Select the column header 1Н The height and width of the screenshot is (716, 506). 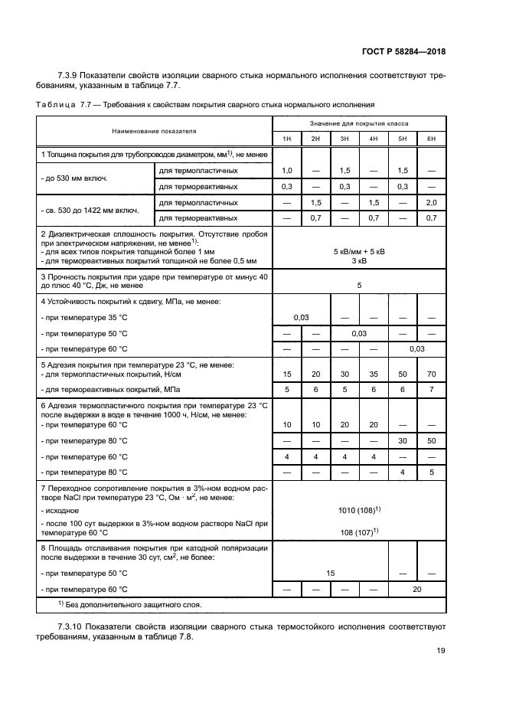point(286,138)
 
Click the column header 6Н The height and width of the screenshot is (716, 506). point(431,138)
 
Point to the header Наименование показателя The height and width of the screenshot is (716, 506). point(154,131)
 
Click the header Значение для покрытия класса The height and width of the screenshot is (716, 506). point(358,123)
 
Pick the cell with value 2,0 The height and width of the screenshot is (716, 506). point(431,202)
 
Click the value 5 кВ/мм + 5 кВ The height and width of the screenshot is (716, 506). point(358,250)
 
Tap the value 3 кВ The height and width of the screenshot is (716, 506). point(358,260)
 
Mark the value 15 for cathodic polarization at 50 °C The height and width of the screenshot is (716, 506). point(330,572)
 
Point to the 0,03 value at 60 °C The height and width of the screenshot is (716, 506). point(416,348)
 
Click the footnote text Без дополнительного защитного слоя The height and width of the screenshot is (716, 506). point(130,604)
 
